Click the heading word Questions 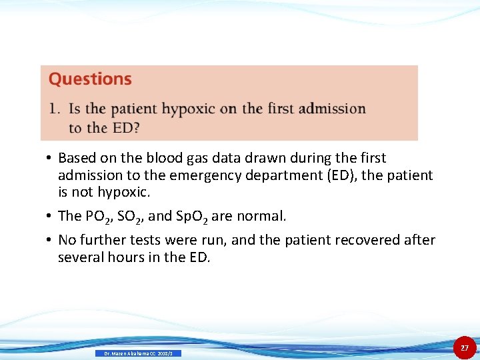[90, 79]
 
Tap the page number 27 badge [465, 348]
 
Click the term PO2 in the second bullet [101, 217]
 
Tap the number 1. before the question [54, 109]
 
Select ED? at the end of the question [126, 127]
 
